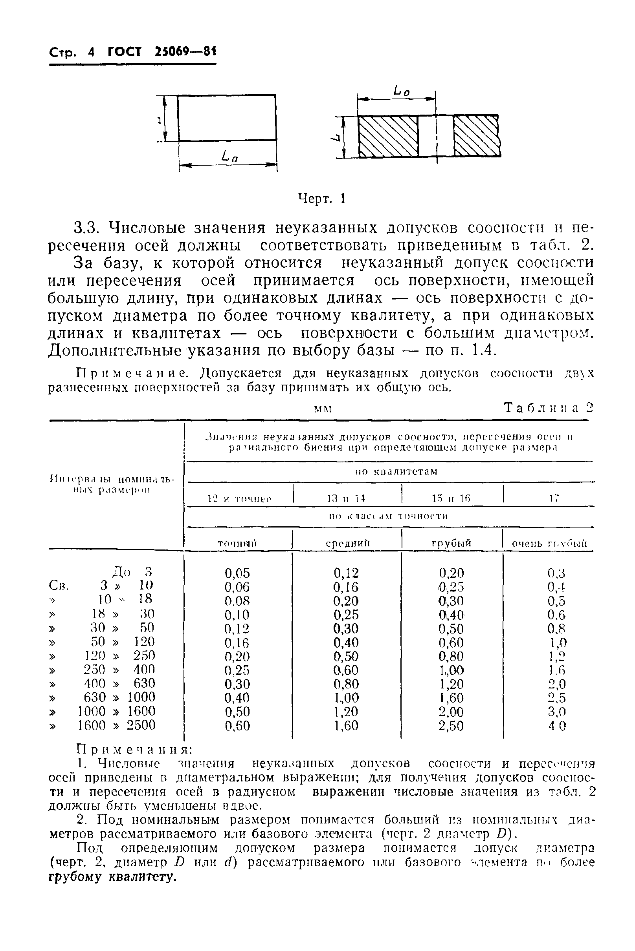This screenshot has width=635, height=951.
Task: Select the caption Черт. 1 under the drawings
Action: pos(321,199)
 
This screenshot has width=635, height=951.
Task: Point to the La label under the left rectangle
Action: pos(229,156)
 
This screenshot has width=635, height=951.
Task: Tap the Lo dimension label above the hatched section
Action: pos(402,92)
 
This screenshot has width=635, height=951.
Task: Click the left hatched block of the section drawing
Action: pos(388,136)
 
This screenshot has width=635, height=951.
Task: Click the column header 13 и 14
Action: pos(346,499)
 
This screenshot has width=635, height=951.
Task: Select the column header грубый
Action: pos(451,543)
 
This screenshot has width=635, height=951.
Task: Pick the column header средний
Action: pos(348,543)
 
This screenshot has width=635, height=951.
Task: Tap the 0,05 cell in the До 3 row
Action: pos(237,573)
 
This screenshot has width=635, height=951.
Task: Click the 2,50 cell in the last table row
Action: pos(451,726)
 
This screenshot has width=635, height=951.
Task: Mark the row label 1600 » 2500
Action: pos(117,725)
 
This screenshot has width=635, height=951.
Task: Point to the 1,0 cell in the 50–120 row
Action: pos(558,643)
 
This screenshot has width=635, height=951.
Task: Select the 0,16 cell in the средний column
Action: pos(346,587)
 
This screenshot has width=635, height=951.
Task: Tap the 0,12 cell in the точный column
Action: pos(237,629)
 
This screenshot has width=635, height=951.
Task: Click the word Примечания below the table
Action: pos(134,749)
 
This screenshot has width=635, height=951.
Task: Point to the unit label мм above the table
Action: pos(323,409)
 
